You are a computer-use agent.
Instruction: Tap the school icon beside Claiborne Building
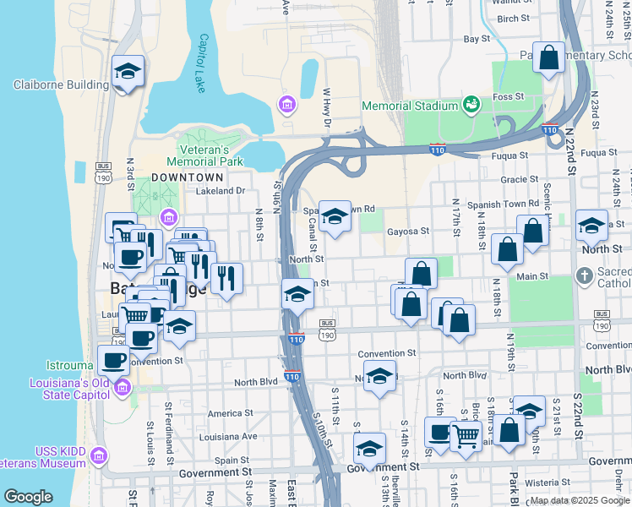click(x=128, y=72)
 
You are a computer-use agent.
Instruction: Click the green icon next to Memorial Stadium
click(x=470, y=106)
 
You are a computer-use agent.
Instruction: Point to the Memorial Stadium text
click(x=409, y=106)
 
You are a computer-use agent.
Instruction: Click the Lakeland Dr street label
click(x=220, y=192)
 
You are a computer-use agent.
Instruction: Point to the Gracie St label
click(x=519, y=179)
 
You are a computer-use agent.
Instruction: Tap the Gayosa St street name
click(x=408, y=230)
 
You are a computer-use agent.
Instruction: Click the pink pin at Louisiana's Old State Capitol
click(x=123, y=388)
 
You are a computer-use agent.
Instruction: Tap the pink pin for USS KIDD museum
click(x=99, y=456)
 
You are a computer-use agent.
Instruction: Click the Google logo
click(x=28, y=497)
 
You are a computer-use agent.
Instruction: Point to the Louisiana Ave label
click(x=237, y=436)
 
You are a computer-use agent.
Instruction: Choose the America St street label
click(x=226, y=413)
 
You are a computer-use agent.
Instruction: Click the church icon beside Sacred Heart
click(x=584, y=275)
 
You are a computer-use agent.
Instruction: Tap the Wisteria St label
click(x=548, y=482)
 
